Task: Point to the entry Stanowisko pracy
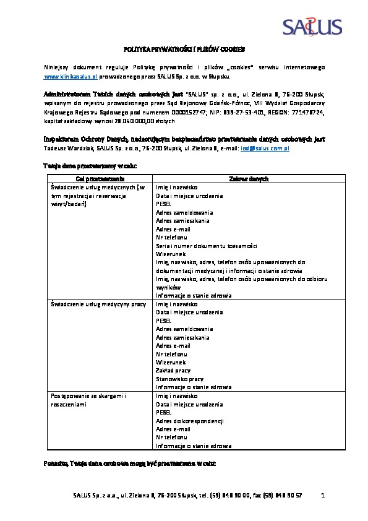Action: (x=179, y=379)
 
